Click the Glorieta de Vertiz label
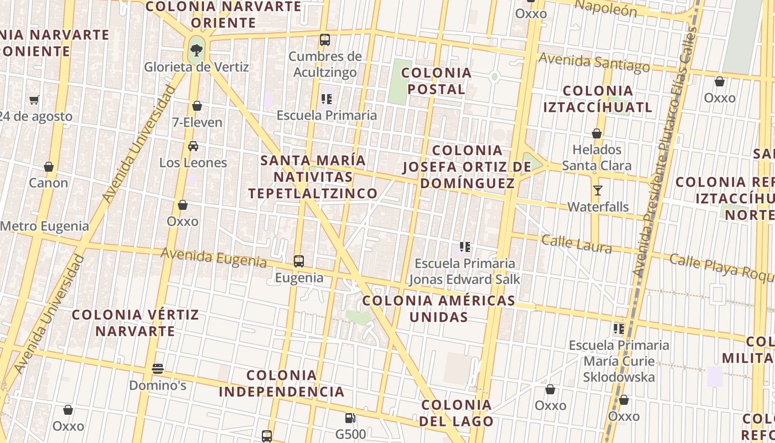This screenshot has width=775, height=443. pos(197,67)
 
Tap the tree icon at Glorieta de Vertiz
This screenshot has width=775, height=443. pos(197,50)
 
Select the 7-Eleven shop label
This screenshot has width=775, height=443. pos(197,122)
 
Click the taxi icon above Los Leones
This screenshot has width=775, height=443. pos(193,146)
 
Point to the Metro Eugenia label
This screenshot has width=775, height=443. pos(44,226)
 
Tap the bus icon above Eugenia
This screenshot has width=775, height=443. pos(299,261)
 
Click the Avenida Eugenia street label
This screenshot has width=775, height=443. pos(214,257)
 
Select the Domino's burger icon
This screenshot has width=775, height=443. pos(158,369)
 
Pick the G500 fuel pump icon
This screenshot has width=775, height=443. pos(350,418)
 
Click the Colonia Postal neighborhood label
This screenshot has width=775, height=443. pos(436,81)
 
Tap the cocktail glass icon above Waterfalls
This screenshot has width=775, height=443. pos(598,190)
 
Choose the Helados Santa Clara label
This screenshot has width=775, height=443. pos(597,157)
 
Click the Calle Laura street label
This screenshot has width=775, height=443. pos(576,244)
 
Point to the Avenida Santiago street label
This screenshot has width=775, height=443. pos(594,62)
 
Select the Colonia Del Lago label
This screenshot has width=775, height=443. pos(457,413)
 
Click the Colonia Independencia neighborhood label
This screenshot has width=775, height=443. pos(282,383)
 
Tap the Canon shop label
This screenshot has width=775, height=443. pos(49,183)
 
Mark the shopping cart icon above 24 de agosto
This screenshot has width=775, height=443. pos(34,100)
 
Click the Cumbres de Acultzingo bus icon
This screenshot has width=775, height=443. pos(325,40)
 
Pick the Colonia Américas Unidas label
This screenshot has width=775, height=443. pos(439,308)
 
